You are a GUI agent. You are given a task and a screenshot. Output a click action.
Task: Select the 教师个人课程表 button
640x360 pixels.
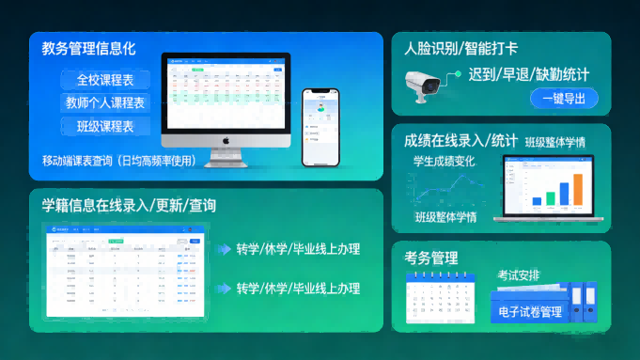105,102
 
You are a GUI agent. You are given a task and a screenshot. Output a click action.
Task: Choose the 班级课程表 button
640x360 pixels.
105,126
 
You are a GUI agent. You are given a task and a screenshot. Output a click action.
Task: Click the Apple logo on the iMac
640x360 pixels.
226,138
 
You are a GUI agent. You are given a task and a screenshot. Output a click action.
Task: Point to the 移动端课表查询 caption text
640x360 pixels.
119,160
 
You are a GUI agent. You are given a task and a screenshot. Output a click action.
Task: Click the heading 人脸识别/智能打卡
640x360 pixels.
460,48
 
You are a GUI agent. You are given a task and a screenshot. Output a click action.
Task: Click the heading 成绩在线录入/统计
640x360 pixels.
460,140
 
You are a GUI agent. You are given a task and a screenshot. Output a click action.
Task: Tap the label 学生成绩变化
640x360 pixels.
445,161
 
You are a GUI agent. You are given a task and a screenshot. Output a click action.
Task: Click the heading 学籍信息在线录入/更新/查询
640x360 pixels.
129,205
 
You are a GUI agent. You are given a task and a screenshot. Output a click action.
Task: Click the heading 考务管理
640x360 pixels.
430,257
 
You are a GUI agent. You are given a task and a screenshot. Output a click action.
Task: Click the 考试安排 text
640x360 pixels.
519,275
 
